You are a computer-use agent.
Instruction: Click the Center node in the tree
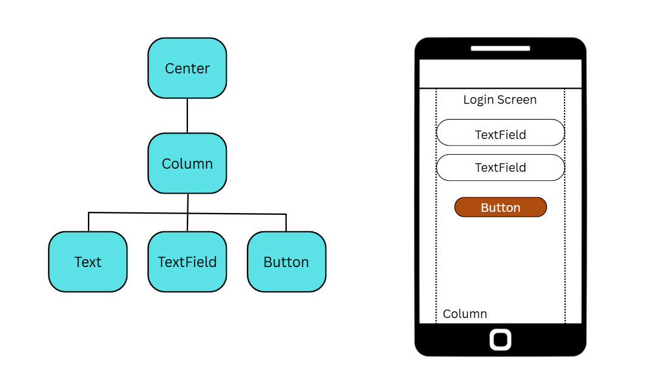point(187,68)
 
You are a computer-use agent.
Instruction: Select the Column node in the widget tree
point(187,163)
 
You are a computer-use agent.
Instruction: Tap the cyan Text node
point(88,262)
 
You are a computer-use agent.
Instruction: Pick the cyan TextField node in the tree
point(187,262)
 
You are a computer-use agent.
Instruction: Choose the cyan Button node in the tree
point(286,262)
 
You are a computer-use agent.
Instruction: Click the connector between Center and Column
point(187,115)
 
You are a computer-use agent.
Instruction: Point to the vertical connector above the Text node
point(89,222)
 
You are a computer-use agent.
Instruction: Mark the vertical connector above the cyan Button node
point(286,223)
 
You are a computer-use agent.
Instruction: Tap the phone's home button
point(500,339)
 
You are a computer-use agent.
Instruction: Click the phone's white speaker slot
point(500,48)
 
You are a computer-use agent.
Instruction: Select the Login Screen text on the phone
point(500,100)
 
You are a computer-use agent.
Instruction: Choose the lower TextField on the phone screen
point(500,168)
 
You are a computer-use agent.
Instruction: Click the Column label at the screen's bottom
point(465,314)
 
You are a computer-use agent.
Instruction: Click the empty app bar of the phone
point(500,73)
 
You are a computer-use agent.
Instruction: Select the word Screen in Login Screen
point(516,100)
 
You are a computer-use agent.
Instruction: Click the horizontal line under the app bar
point(500,89)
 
